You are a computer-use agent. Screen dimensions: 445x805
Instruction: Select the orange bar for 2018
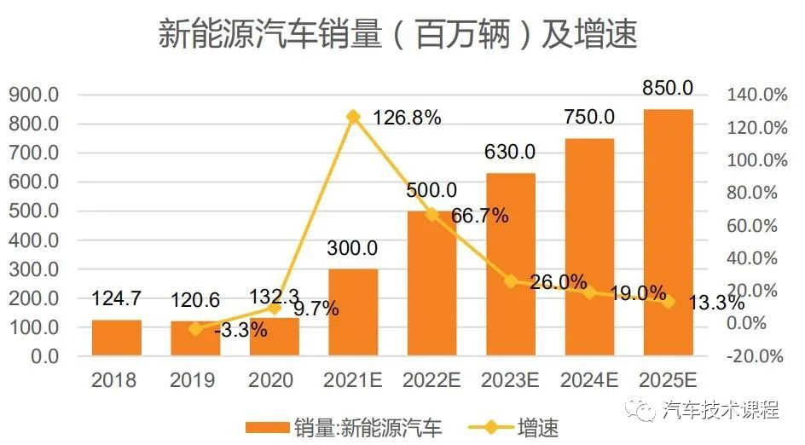click(x=116, y=338)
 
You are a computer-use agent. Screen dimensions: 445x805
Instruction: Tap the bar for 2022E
click(x=431, y=283)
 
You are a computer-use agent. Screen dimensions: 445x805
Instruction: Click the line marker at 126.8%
click(x=353, y=116)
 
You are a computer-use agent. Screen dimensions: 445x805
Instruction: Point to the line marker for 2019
click(x=195, y=328)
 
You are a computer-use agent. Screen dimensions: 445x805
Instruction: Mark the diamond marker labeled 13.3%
click(x=668, y=301)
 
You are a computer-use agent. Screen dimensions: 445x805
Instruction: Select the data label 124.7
click(x=117, y=299)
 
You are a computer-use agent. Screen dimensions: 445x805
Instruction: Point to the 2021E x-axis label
click(x=353, y=380)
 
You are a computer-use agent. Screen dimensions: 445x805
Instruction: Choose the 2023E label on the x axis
click(x=511, y=380)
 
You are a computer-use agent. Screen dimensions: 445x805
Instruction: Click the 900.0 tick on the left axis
click(x=33, y=95)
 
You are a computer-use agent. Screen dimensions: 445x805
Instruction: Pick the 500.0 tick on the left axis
click(x=33, y=211)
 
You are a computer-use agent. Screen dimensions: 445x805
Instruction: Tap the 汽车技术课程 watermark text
click(x=721, y=411)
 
